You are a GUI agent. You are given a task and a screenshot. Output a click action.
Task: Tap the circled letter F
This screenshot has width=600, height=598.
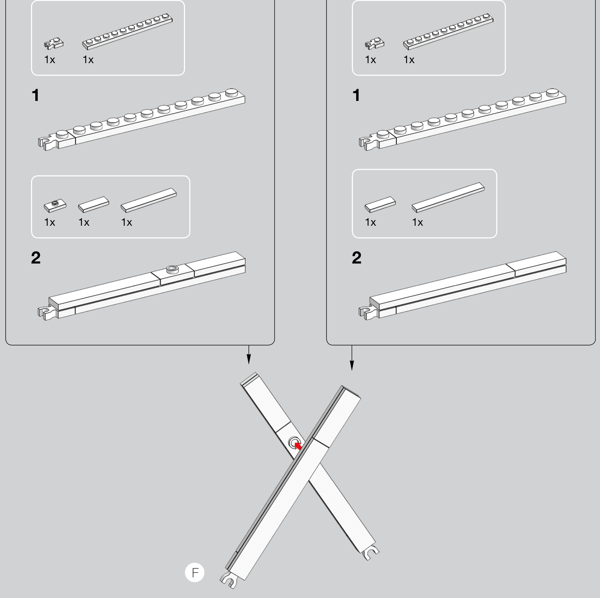195,573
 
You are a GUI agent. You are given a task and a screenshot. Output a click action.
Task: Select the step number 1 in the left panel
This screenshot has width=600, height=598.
35,96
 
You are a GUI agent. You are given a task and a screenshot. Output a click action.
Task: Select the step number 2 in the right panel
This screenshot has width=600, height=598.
357,258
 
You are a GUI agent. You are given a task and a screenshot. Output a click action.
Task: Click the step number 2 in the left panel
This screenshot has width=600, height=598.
36,258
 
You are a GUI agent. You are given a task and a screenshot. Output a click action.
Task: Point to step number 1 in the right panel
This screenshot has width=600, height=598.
356,96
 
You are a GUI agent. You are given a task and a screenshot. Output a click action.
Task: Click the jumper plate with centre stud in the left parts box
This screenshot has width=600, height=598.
55,206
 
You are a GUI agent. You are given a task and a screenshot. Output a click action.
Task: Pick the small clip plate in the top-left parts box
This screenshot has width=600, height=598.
54,43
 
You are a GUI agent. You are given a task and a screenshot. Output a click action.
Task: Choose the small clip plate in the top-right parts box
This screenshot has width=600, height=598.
375,43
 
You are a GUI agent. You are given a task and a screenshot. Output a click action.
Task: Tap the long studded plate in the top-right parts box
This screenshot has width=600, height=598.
448,32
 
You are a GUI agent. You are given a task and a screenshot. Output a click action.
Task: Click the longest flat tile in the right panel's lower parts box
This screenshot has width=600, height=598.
448,198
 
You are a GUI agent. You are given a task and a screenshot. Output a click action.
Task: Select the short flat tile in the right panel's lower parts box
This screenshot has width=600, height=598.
380,204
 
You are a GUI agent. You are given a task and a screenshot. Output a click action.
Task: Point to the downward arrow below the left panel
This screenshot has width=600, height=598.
249,355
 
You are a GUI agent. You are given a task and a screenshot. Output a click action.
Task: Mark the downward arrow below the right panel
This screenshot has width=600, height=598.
352,358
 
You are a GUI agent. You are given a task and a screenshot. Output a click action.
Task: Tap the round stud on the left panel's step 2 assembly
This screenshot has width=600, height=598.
173,269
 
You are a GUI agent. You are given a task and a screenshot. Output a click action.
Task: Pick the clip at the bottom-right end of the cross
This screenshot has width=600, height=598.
371,553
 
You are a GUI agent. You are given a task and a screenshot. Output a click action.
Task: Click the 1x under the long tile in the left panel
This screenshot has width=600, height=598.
127,223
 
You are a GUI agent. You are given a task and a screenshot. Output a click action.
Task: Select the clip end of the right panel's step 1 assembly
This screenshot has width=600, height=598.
368,143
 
